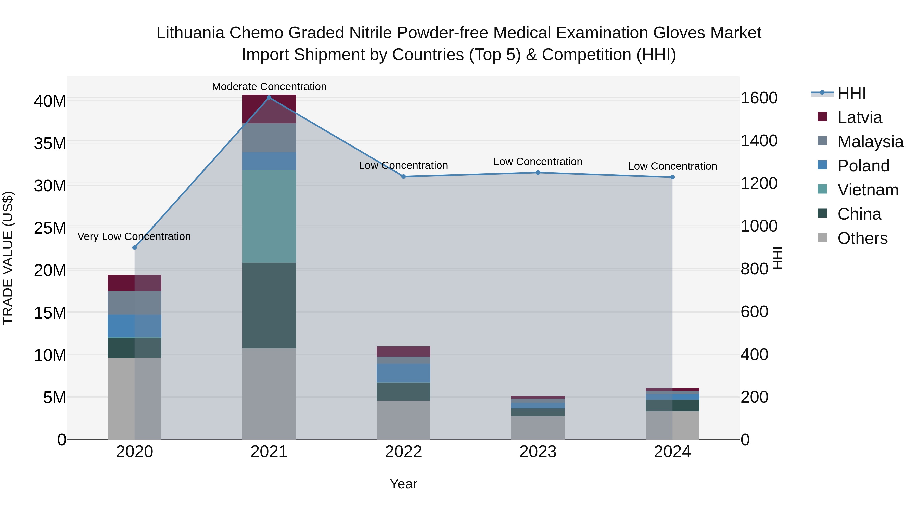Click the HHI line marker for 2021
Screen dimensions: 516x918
[x=269, y=98]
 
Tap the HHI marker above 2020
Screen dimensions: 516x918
[x=134, y=247]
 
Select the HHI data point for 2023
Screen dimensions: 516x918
[x=538, y=173]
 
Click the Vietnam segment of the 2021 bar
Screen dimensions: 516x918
[x=269, y=217]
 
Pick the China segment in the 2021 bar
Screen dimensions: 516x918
[x=269, y=306]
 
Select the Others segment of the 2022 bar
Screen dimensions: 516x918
[x=403, y=420]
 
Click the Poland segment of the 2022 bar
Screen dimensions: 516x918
[x=403, y=373]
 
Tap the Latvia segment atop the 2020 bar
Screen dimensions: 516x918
[x=134, y=283]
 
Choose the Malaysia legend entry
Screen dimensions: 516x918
[x=870, y=142]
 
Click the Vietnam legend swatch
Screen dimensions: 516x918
[x=822, y=189]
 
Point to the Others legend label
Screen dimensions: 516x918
[x=862, y=238]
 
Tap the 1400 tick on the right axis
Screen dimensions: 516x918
[x=759, y=141]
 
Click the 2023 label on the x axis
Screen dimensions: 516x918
[x=538, y=452]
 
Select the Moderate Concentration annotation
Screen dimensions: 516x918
[x=269, y=87]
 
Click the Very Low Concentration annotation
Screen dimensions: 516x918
[x=134, y=236]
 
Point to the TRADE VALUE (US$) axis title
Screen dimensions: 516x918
[x=8, y=258]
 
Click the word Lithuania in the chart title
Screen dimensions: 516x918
[x=190, y=33]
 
